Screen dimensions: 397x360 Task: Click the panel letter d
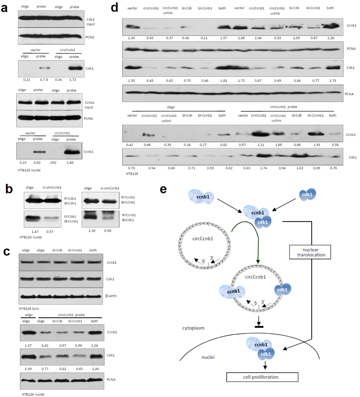click(x=114, y=8)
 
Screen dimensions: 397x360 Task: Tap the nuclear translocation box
click(x=310, y=252)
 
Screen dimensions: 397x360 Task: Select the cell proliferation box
click(x=262, y=377)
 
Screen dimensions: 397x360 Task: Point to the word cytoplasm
click(x=193, y=328)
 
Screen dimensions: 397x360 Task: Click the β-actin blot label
click(x=111, y=296)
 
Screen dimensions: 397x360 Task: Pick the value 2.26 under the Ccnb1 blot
click(x=331, y=38)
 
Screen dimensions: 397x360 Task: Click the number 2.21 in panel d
click(x=261, y=145)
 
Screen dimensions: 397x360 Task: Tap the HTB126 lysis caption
click(x=29, y=309)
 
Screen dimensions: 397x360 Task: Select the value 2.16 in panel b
click(x=92, y=231)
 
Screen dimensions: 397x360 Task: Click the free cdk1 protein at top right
click(x=307, y=195)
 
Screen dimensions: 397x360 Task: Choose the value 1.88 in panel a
click(x=70, y=163)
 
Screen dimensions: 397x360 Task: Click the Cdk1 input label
click(x=91, y=22)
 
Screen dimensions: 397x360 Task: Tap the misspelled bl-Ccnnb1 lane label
click(x=315, y=115)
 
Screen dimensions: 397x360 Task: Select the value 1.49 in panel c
click(x=28, y=369)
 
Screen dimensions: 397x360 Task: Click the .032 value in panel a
click(x=53, y=163)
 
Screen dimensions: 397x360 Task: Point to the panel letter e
click(x=163, y=189)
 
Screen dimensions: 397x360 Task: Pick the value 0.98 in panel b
click(x=108, y=231)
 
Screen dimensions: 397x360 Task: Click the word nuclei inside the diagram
click(x=208, y=357)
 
